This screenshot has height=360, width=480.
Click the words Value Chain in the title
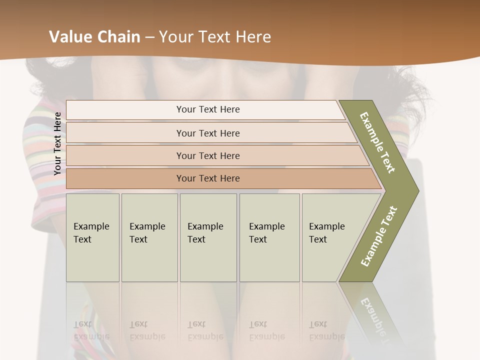pos(94,37)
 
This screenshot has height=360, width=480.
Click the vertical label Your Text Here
pos(57,143)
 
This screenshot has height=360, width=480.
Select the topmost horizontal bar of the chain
pos(207,109)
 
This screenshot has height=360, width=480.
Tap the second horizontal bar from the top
pos(207,133)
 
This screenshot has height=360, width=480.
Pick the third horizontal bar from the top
pos(207,155)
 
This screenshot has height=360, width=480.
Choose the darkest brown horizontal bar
pos(207,178)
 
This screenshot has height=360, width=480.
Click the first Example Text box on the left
pos(92,237)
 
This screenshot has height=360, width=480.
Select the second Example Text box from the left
pos(149,237)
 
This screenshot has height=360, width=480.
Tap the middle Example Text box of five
pos(208,237)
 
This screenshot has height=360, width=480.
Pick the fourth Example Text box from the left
pos(269,237)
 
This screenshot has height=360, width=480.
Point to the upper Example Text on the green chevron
pos(377,142)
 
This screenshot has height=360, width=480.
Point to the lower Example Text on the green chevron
pos(378,236)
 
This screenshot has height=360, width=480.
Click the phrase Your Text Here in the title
pos(215,37)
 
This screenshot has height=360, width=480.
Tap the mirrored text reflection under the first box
pos(91,330)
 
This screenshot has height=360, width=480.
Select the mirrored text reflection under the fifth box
pos(327,330)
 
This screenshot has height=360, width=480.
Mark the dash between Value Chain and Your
pos(149,37)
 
